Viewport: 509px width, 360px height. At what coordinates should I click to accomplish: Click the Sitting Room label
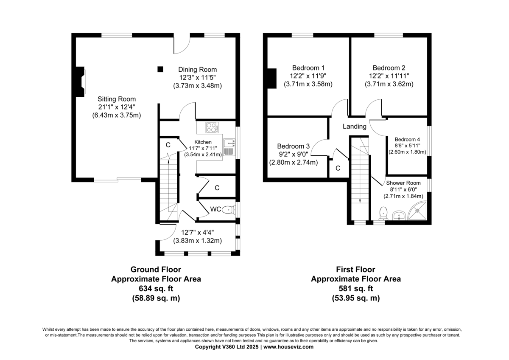(x=117, y=99)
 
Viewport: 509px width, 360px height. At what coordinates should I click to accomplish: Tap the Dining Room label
(x=197, y=70)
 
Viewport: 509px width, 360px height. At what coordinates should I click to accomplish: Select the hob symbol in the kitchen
(x=212, y=127)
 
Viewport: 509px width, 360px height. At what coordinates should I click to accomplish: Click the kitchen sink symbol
(x=229, y=147)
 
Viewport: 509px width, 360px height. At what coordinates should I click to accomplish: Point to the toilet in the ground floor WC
(x=229, y=210)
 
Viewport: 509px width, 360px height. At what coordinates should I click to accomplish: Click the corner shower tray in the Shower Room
(x=417, y=211)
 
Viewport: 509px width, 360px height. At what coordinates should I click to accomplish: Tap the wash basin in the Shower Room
(x=399, y=215)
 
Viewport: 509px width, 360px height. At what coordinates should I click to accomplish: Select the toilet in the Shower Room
(x=383, y=213)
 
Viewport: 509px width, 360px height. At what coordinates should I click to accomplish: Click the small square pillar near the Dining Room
(x=160, y=69)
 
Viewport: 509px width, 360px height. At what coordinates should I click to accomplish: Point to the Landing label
(x=355, y=127)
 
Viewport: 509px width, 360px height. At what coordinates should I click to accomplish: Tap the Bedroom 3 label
(x=294, y=146)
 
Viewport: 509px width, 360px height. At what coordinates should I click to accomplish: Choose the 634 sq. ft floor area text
(x=156, y=288)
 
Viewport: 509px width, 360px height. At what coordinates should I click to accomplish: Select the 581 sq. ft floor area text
(x=356, y=288)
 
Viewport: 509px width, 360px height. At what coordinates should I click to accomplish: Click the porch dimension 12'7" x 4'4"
(x=198, y=232)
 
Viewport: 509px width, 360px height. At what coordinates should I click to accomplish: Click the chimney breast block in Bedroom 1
(x=272, y=78)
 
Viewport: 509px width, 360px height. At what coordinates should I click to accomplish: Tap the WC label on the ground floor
(x=215, y=209)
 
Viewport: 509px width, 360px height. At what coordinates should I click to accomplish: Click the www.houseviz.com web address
(x=288, y=347)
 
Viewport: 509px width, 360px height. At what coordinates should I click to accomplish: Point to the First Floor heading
(x=355, y=270)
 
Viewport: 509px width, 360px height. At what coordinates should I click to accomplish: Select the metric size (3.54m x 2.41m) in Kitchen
(x=203, y=155)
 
